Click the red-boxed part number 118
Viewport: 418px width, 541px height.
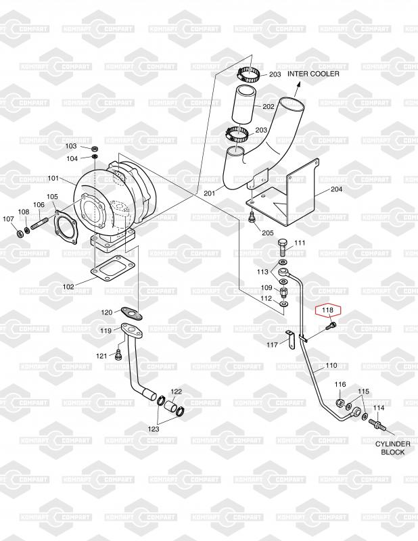point(328,311)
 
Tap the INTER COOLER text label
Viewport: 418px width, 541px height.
point(313,74)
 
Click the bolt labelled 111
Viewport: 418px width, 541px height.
point(283,245)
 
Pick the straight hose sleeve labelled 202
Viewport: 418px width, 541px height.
point(245,106)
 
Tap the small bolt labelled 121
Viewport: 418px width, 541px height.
point(119,354)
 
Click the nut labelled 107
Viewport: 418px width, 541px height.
point(18,234)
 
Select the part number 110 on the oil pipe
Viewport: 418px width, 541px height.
point(331,366)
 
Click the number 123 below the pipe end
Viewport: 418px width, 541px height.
point(154,428)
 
